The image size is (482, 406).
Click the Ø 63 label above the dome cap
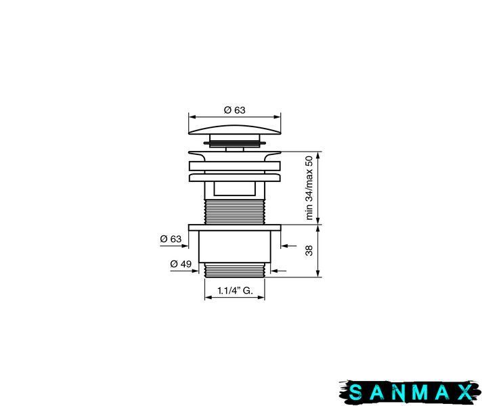234,110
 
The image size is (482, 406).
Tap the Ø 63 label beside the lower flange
171,239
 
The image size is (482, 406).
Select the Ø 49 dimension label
181,264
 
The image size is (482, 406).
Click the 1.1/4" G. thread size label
235,290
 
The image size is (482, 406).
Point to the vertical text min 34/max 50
309,188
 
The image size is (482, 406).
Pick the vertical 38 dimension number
309,250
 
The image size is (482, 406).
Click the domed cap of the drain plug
234,130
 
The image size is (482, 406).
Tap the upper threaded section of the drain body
234,211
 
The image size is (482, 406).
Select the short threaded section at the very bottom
234,270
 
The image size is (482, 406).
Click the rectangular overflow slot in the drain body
234,188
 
